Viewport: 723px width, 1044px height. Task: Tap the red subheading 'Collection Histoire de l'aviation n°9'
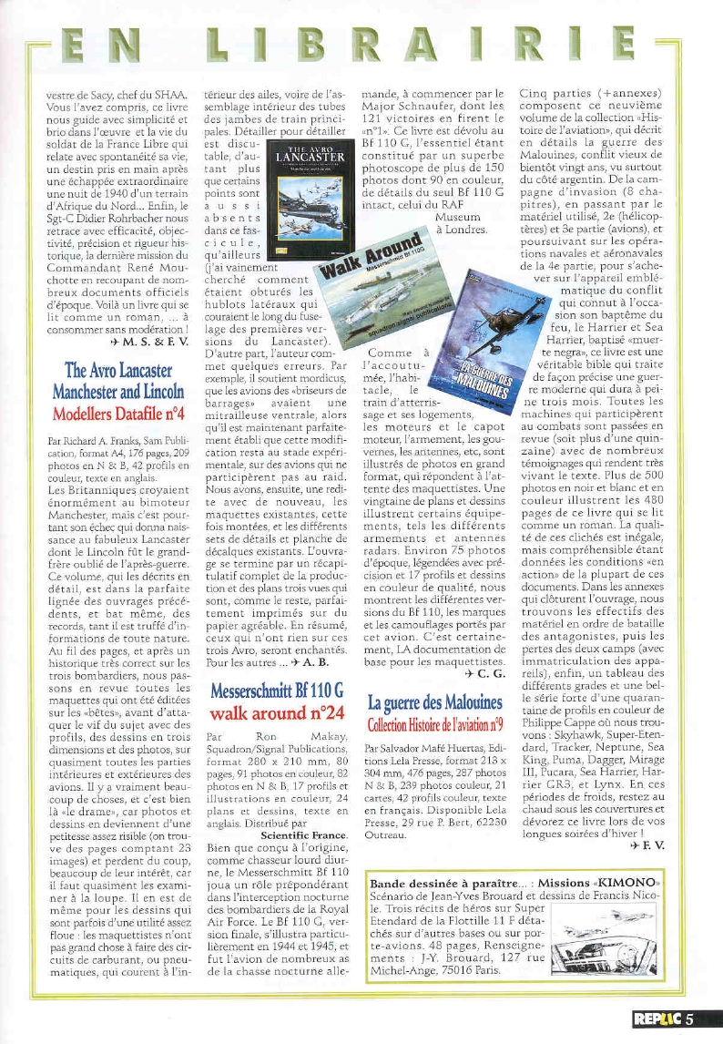[x=435, y=724]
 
